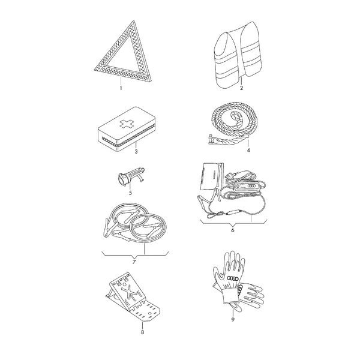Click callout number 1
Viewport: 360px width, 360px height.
(x=121, y=88)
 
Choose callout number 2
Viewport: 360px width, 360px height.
(x=241, y=88)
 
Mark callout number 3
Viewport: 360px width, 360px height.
(x=136, y=152)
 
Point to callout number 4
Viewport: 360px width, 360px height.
(x=248, y=150)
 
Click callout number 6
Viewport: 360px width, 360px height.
(x=233, y=230)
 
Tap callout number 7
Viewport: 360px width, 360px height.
(x=134, y=262)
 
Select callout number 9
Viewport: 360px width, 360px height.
(x=233, y=319)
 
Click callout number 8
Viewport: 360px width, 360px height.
(x=142, y=332)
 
